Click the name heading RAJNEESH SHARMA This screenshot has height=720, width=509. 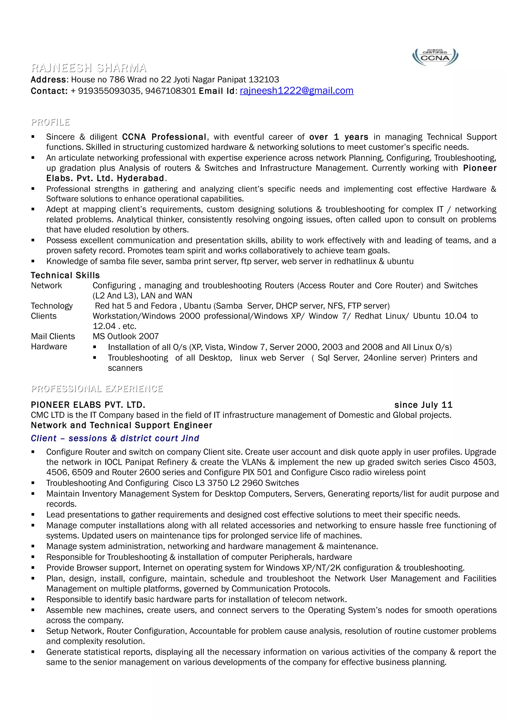(89, 68)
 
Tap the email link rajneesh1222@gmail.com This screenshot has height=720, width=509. (296, 91)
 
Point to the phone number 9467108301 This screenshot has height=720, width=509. (170, 91)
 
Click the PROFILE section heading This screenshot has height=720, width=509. (50, 122)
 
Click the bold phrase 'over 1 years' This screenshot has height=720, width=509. (339, 137)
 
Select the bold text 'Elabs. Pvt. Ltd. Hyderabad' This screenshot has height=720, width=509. (105, 178)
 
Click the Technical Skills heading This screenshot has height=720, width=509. (65, 275)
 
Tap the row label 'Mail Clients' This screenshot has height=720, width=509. (53, 336)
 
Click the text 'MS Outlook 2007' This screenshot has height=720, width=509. (126, 336)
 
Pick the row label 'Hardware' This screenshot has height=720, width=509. (49, 347)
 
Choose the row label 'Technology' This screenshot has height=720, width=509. (52, 306)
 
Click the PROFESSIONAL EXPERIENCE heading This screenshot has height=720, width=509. (97, 389)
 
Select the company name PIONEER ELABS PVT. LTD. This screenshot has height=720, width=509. (88, 405)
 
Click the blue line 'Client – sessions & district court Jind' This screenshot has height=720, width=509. (115, 439)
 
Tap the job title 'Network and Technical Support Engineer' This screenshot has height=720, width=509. (121, 425)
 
